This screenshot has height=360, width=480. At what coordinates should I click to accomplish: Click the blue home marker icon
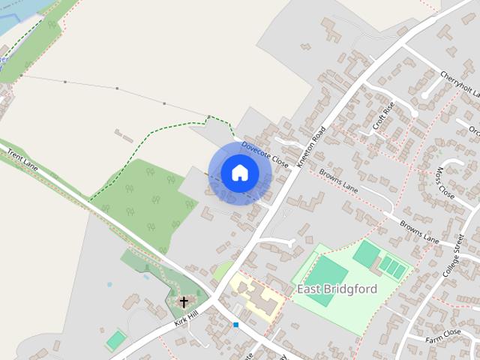tap(239, 173)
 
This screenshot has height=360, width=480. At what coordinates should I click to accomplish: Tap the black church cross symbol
tap(184, 302)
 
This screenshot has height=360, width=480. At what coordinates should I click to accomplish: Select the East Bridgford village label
tap(337, 289)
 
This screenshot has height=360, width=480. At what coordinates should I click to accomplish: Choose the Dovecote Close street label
tap(265, 154)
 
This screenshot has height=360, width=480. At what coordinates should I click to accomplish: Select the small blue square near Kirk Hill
tap(235, 325)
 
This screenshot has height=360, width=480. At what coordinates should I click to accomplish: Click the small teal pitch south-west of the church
tap(115, 340)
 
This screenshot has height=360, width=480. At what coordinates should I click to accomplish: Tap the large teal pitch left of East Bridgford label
tap(320, 281)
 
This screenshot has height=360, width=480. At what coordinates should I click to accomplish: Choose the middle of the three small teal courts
tap(391, 266)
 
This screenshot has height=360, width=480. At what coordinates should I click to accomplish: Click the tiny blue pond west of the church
tap(109, 286)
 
